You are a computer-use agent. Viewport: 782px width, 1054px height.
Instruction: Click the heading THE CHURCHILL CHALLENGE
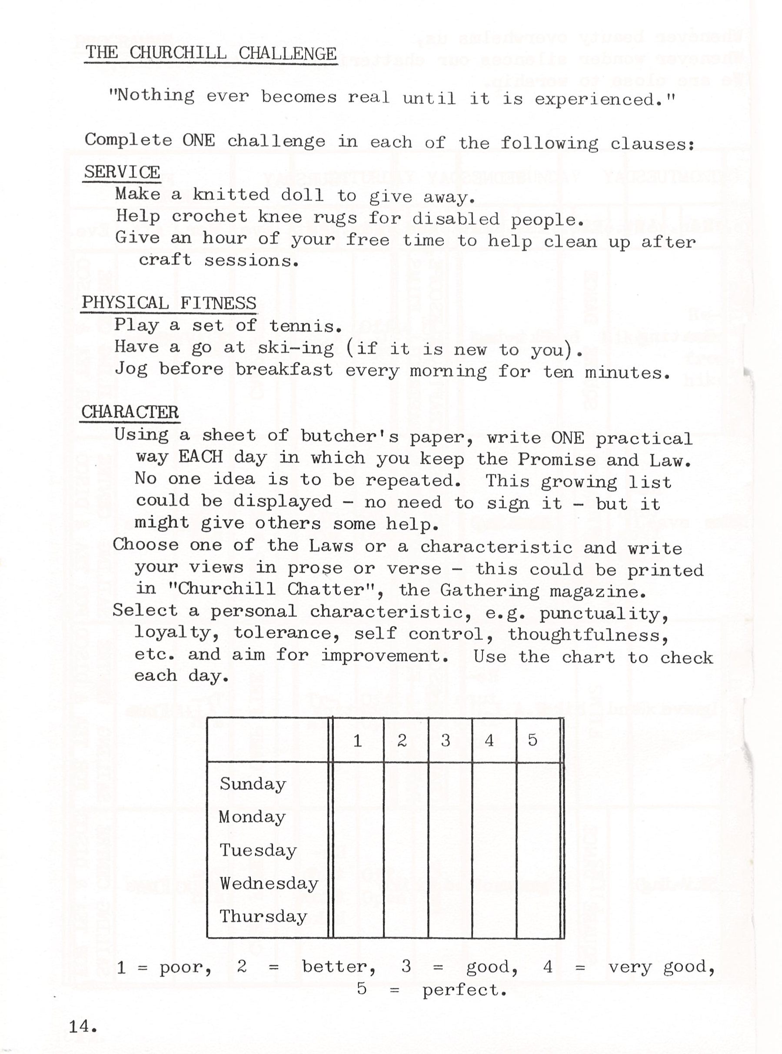[211, 53]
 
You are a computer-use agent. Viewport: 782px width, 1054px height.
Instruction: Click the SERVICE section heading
[122, 172]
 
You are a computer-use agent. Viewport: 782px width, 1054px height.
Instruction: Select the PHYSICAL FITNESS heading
[169, 303]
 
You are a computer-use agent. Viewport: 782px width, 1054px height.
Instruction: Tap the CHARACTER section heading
[130, 412]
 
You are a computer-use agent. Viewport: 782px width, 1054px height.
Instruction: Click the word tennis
[305, 326]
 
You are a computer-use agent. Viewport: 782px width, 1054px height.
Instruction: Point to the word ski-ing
[296, 348]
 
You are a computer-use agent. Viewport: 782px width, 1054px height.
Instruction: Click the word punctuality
[603, 614]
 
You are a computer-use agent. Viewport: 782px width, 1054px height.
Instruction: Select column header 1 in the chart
[358, 741]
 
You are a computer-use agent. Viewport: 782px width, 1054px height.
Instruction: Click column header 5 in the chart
[532, 740]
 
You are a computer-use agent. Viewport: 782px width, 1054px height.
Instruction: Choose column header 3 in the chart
[446, 741]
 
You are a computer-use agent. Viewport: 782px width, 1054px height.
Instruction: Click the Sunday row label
[253, 784]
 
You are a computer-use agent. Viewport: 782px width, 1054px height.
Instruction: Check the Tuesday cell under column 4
[494, 851]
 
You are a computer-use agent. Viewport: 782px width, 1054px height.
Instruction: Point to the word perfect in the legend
[464, 990]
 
